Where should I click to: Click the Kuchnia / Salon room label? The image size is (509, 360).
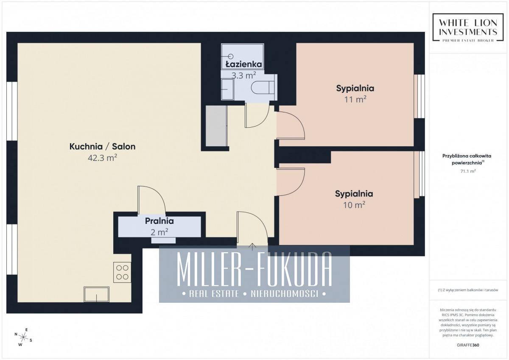102,146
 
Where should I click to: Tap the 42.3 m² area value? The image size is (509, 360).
102,158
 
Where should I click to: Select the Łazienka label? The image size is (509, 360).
243,64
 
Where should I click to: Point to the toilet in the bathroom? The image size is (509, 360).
263,87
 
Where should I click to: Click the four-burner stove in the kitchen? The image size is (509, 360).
122,272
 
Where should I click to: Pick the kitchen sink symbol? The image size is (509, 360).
96,294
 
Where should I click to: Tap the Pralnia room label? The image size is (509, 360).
159,221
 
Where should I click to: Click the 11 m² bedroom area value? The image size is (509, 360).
355,100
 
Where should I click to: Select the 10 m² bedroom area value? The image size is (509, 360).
354,205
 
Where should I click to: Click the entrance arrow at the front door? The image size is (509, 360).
252,247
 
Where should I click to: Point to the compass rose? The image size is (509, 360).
23,337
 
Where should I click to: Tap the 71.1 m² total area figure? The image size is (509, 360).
468,171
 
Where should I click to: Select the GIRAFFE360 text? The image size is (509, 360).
468,345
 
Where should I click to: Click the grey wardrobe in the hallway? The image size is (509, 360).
216,126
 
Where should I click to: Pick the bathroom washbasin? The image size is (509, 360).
227,89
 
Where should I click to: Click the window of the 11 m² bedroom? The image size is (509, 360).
419,96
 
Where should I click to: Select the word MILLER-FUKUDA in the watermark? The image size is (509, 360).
254,269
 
